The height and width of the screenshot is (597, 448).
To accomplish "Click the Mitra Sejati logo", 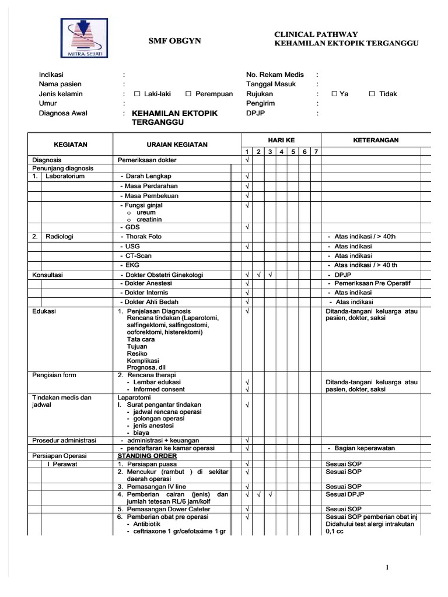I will [85, 37].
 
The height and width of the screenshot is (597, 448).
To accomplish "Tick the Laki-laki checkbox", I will [137, 94].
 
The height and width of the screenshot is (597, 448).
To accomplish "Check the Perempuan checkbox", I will [188, 94].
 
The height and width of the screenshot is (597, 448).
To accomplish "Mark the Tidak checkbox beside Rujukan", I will [372, 94].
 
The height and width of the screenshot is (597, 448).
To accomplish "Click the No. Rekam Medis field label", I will [275, 75].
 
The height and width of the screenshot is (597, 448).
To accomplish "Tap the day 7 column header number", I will [316, 152].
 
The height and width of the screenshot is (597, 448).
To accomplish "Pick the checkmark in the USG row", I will [247, 247].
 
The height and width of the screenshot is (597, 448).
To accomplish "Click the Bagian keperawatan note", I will [365, 448].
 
